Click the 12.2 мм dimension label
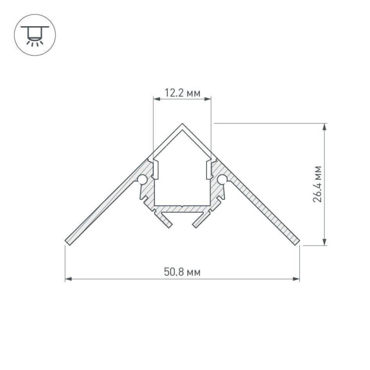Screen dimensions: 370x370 click(182, 94)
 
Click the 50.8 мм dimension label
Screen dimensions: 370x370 click(182, 272)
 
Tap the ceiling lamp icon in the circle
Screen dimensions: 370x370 click(35, 35)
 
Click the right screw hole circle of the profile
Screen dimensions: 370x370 click(222, 180)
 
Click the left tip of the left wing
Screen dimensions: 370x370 click(66, 242)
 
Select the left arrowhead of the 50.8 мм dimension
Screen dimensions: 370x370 click(68, 279)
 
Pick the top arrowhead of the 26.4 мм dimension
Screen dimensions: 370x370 click(325, 126)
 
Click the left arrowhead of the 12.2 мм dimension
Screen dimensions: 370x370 click(155, 98)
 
